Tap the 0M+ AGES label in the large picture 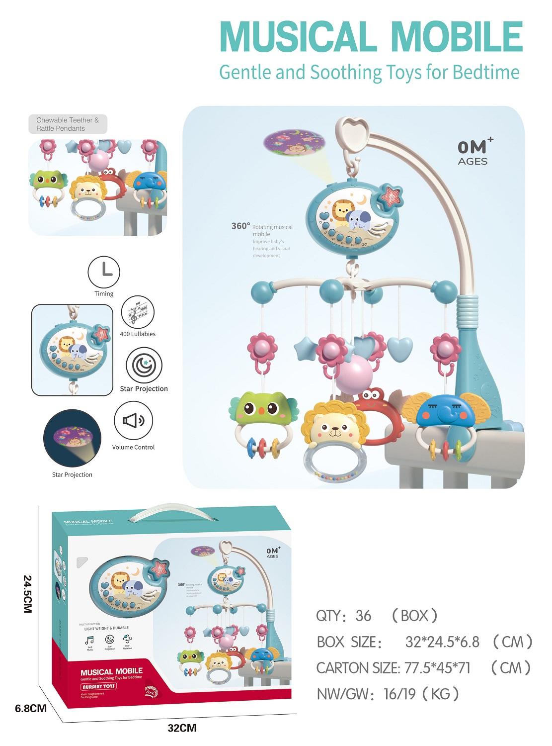click(473, 152)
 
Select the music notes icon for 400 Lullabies click(138, 312)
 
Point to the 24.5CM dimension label click(27, 594)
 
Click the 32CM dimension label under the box click(182, 728)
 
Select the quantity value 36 click(363, 616)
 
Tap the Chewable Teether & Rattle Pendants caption click(68, 124)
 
